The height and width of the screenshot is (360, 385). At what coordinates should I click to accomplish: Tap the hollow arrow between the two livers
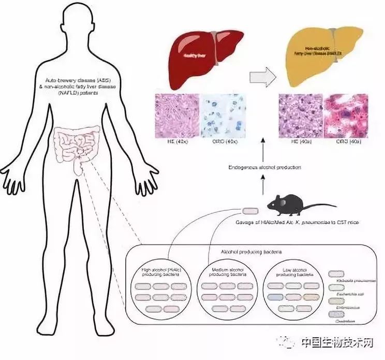point(261,77)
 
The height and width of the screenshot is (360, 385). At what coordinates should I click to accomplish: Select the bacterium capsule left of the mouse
point(250,211)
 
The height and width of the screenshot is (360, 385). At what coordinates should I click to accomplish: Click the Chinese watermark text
point(337,343)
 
